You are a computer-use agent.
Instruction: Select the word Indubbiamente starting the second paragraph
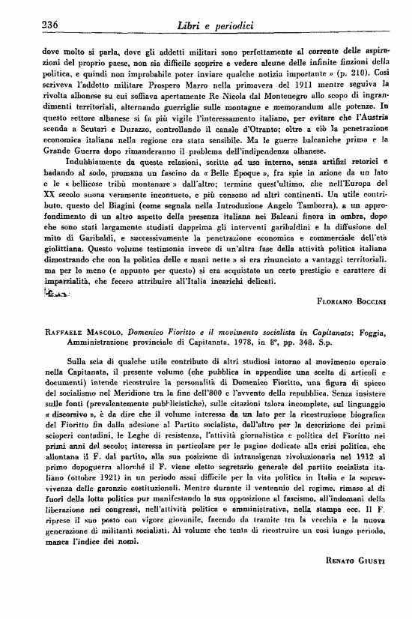pyautogui.click(x=75, y=181)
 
